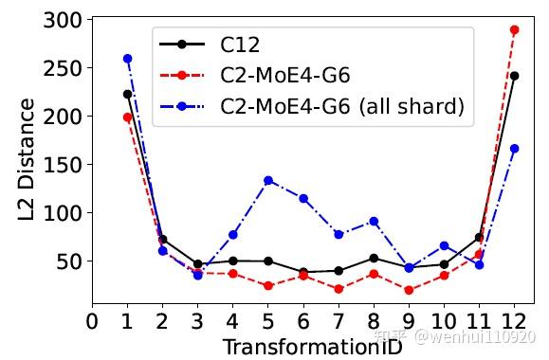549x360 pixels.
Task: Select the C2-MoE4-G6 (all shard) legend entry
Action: pos(342,106)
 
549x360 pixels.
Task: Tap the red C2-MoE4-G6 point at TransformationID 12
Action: pos(514,29)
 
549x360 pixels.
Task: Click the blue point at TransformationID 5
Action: pos(268,180)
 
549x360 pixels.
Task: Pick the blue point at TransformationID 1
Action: pos(127,59)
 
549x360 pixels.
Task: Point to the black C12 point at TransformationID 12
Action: pos(514,76)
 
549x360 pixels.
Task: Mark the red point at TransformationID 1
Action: pos(127,117)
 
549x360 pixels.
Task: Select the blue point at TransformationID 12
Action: pos(514,148)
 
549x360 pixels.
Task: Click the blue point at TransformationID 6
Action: pos(303,198)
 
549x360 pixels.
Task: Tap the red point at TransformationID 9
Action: pos(409,290)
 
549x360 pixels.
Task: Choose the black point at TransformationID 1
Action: pos(127,94)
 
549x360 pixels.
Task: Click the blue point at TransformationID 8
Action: pos(374,221)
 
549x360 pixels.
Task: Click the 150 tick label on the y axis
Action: pos(63,164)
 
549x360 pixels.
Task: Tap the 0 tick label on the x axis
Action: pos(92,323)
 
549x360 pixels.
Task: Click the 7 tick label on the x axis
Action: pos(339,323)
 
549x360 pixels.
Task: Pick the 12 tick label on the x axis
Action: pos(514,323)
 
